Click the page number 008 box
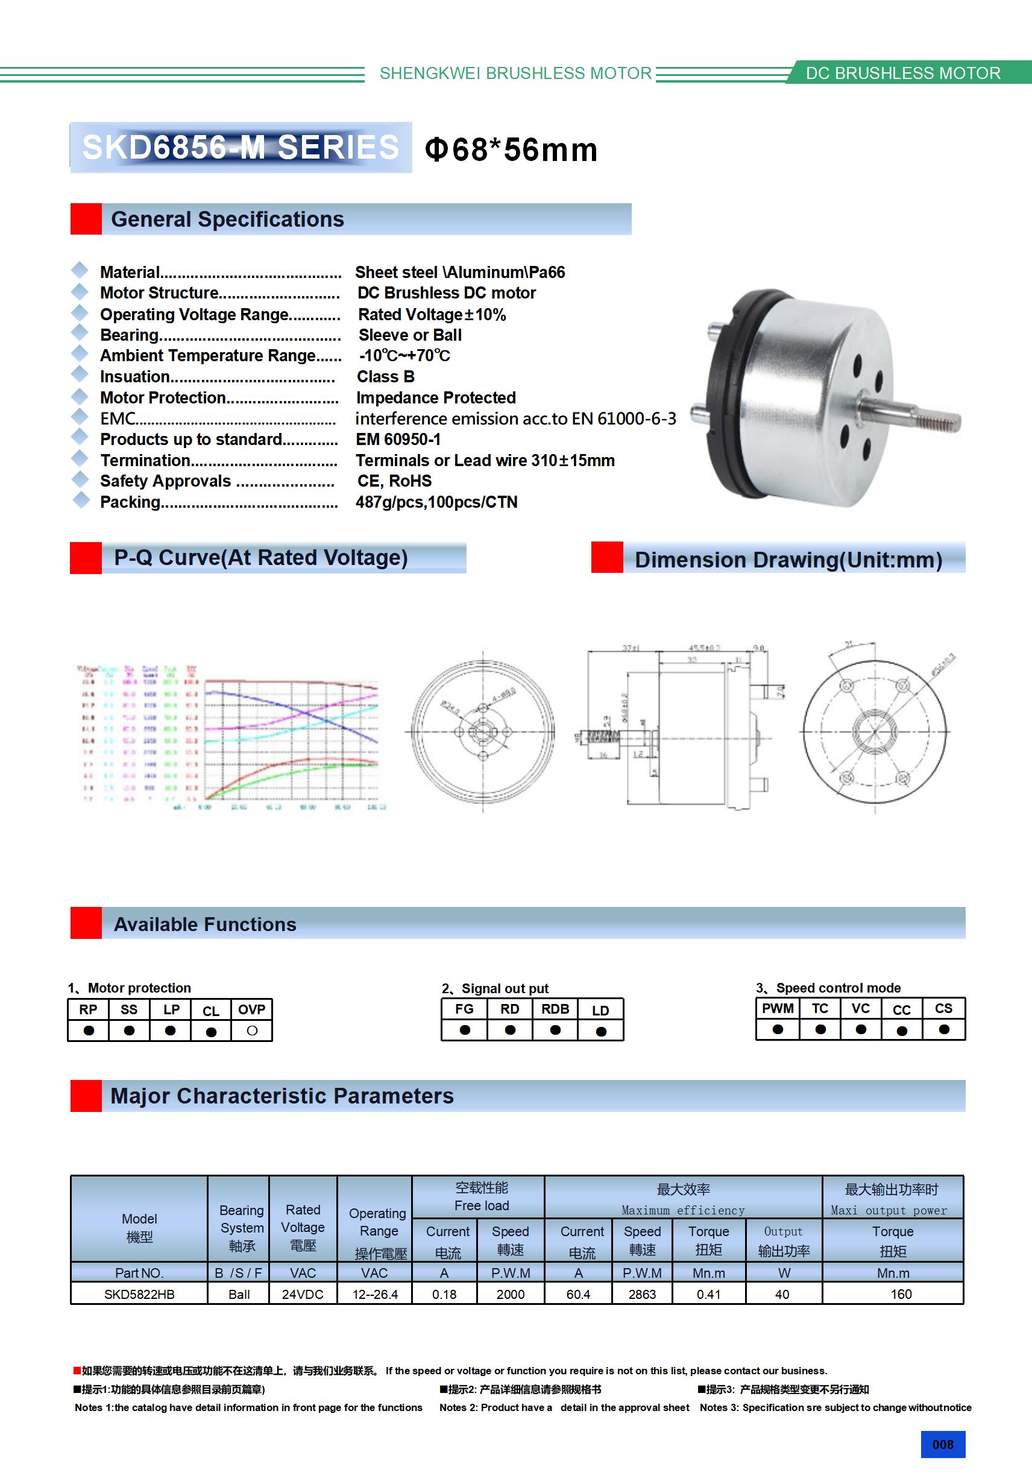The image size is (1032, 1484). tap(942, 1444)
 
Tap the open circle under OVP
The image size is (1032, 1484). tap(252, 1031)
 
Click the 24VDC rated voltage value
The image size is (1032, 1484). tap(303, 1294)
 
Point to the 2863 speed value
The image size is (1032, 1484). tap(642, 1294)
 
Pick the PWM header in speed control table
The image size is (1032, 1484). tap(778, 1008)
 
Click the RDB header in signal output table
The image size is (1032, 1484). tap(555, 1009)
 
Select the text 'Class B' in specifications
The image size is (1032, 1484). tap(386, 377)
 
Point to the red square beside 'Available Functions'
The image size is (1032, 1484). tap(86, 923)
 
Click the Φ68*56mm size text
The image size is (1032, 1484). tap(511, 150)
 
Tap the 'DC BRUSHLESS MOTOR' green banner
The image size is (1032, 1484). tap(903, 73)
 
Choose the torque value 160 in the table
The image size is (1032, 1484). tap(901, 1294)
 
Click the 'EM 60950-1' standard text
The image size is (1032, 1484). tap(398, 440)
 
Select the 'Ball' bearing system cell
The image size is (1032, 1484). tap(239, 1294)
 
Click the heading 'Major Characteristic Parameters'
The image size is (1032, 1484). tap(282, 1096)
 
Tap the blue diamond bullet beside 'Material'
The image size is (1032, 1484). tap(80, 270)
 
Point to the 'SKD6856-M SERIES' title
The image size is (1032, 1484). tap(241, 147)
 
